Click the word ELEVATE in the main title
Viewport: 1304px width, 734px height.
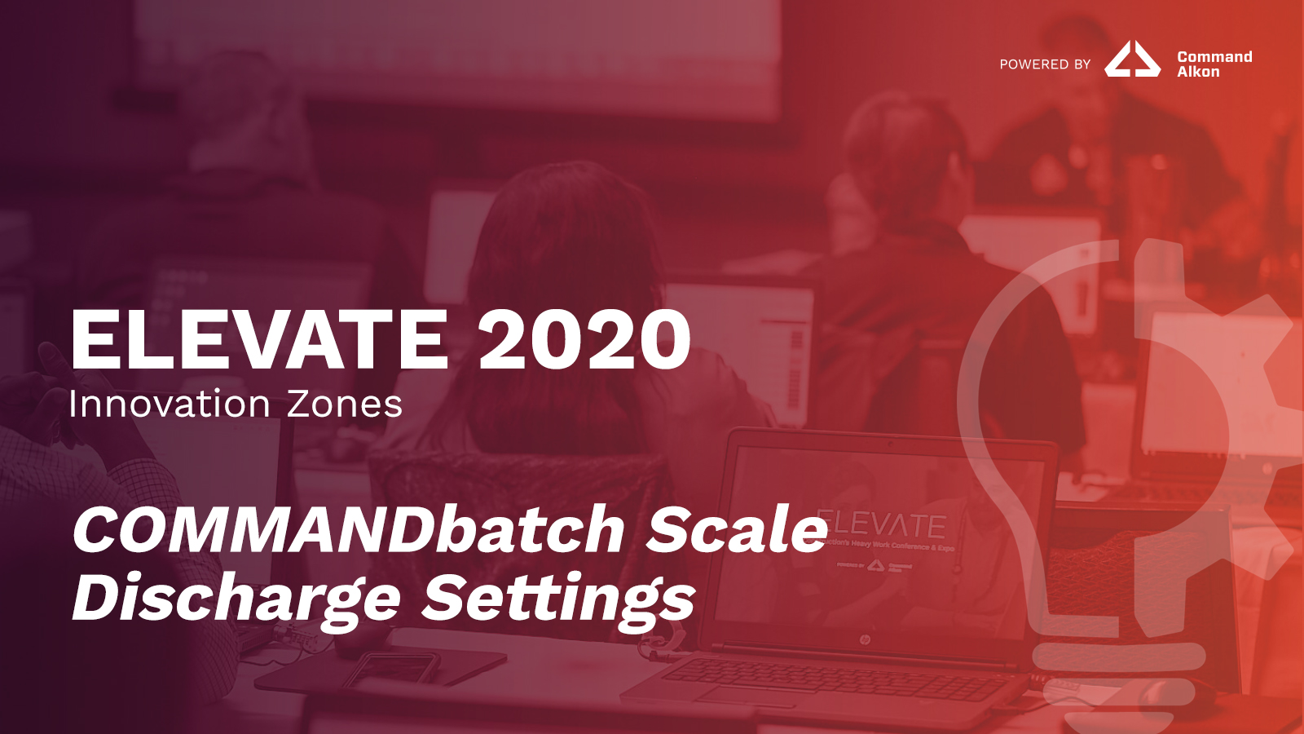click(259, 340)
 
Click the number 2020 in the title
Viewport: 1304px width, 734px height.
click(584, 340)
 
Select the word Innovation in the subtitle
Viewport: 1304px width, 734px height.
click(170, 405)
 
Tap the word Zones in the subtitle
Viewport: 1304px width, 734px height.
click(345, 405)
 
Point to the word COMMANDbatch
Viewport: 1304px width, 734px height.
click(348, 530)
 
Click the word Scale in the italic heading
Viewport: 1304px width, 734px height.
click(737, 530)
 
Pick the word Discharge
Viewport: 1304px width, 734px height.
click(236, 599)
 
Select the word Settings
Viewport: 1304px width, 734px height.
click(558, 599)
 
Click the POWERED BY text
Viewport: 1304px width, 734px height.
click(1045, 64)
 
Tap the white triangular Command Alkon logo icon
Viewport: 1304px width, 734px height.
click(1132, 60)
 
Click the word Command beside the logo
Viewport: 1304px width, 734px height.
click(1214, 57)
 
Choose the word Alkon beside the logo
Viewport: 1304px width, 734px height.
click(1198, 72)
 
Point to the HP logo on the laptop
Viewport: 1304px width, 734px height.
click(865, 639)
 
